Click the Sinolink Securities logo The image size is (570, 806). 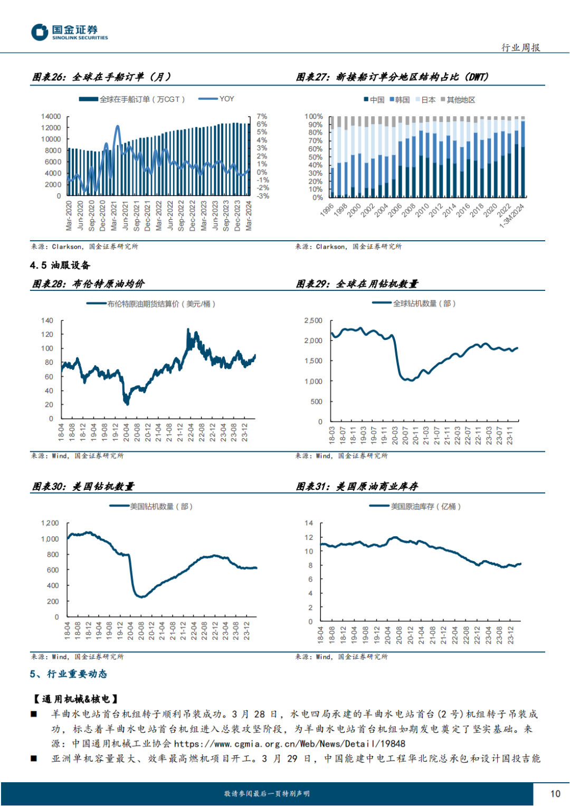69,32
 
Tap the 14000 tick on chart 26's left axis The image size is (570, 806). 51,116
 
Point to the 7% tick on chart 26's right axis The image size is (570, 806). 262,116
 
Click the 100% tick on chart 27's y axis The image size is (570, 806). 313,116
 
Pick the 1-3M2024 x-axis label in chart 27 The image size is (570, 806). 512,216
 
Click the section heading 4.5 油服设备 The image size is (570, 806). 60,265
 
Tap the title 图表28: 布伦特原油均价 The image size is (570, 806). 88,284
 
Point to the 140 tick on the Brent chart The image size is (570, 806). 47,320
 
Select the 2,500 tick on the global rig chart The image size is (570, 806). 313,320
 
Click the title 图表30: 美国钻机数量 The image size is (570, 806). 83,486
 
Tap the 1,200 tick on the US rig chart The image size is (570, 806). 50,523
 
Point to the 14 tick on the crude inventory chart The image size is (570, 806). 309,523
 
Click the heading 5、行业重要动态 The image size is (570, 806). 69,674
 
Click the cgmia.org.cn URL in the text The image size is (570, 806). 289,744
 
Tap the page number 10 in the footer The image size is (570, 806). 555,793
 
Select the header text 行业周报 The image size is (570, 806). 520,48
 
